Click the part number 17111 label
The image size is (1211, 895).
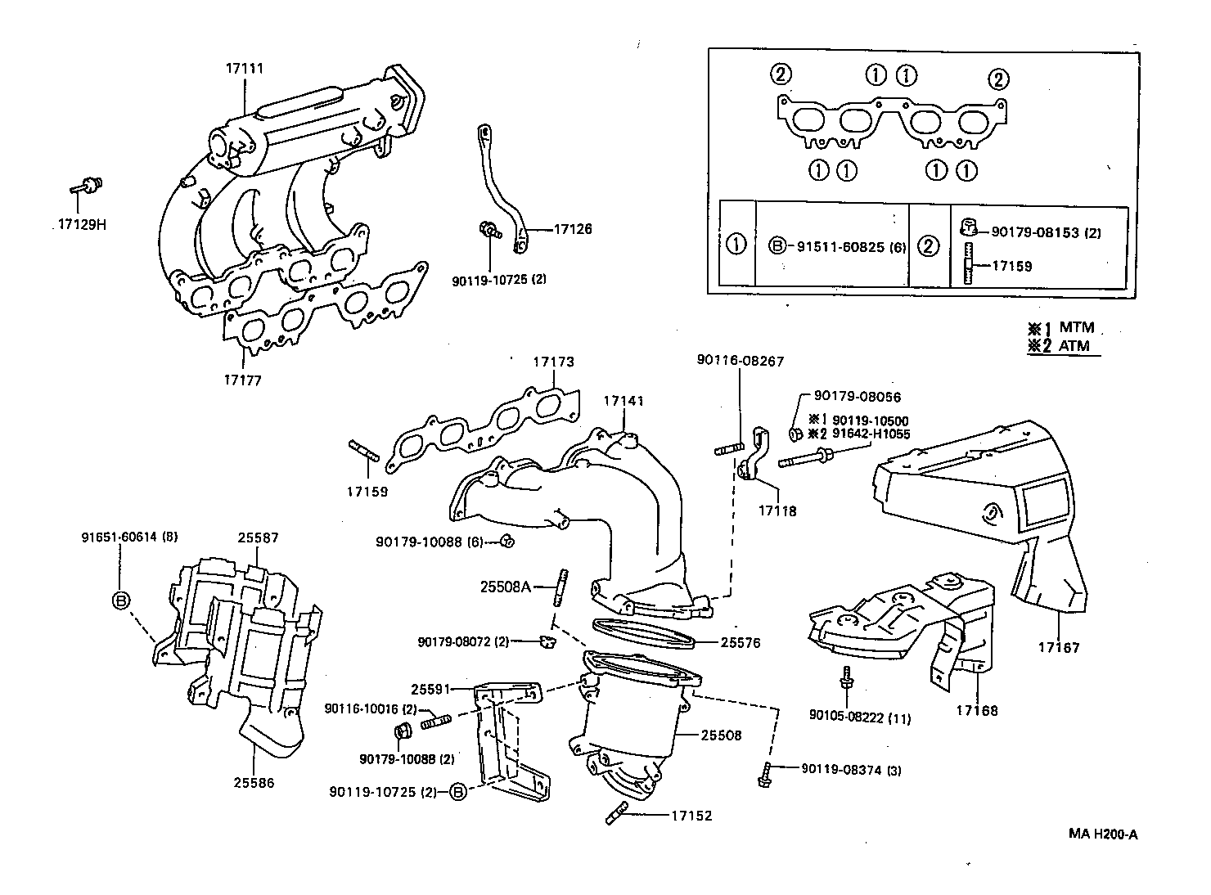coord(245,69)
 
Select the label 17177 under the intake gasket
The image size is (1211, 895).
coord(243,380)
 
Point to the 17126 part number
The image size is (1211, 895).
coord(573,230)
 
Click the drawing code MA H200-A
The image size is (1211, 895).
coord(1103,834)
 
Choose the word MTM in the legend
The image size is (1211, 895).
coord(1077,328)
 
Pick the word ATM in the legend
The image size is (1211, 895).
coord(1074,346)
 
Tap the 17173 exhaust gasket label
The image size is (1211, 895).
coord(554,361)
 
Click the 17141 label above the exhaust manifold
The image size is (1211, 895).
coord(624,401)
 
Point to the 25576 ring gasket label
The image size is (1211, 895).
coord(741,643)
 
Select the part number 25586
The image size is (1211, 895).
coord(254,783)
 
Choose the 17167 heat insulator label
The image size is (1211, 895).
coord(1060,648)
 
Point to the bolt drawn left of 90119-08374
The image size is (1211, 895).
coord(766,772)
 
